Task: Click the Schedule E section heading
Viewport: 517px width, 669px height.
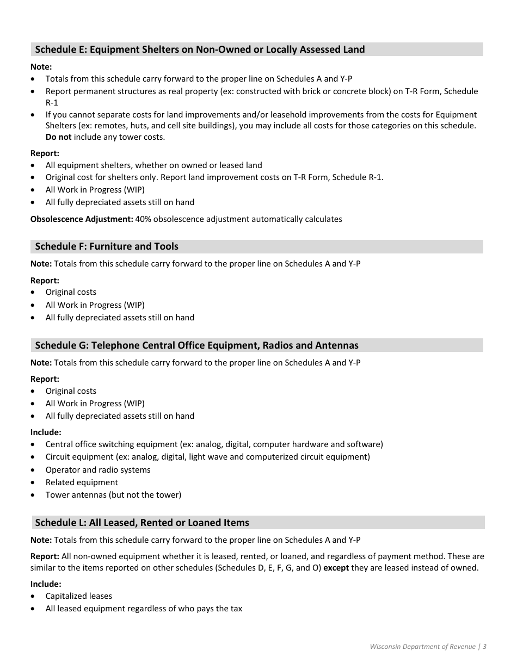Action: tap(200, 49)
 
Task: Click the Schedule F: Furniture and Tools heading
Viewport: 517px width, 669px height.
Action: tap(107, 246)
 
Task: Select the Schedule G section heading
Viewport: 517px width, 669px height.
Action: tap(196, 345)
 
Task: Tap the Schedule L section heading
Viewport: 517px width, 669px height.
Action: tap(142, 523)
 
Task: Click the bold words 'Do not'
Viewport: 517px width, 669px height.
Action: tap(58, 137)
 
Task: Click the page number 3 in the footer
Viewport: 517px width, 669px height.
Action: tap(484, 647)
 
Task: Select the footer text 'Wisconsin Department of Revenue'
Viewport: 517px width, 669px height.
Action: tap(422, 647)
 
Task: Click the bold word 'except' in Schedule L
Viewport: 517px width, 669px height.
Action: tap(336, 568)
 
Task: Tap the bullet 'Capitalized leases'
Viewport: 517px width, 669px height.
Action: tap(79, 596)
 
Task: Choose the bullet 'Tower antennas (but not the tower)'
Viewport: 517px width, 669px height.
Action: tap(113, 495)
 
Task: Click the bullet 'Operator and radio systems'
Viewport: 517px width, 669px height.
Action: tap(98, 470)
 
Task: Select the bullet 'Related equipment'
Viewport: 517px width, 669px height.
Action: tap(82, 482)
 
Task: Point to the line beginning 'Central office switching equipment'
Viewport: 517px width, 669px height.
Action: tap(214, 444)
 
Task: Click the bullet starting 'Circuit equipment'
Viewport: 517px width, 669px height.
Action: tap(207, 457)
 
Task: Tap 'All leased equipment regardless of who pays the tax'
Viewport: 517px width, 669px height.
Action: tap(144, 609)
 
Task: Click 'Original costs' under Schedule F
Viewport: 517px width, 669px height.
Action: tap(71, 292)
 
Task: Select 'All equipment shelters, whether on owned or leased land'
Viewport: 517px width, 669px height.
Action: tap(153, 165)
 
